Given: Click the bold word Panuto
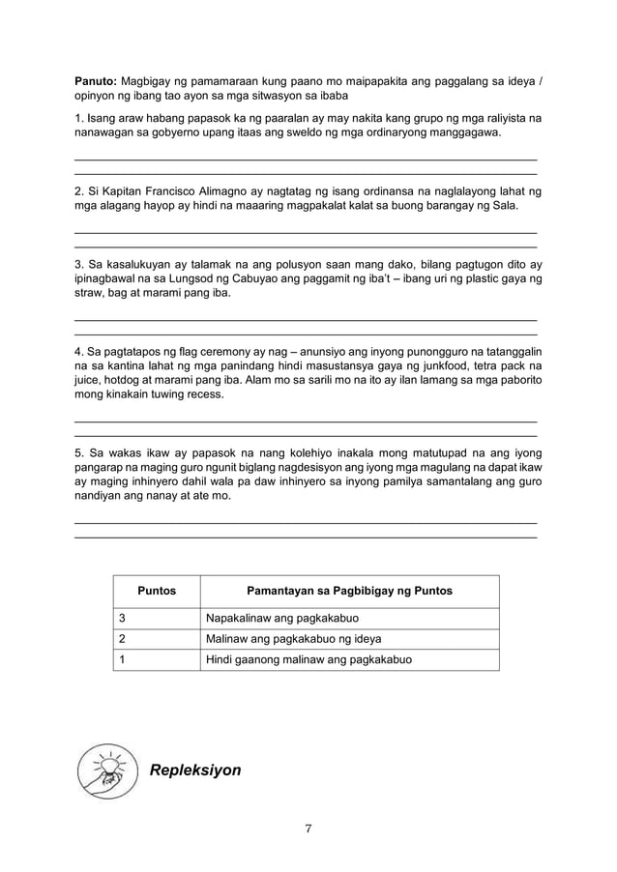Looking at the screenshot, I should point(96,81).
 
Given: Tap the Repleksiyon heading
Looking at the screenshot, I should point(194,770).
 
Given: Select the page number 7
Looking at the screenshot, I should point(308,828).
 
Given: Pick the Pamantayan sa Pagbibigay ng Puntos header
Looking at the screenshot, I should point(349,591).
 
